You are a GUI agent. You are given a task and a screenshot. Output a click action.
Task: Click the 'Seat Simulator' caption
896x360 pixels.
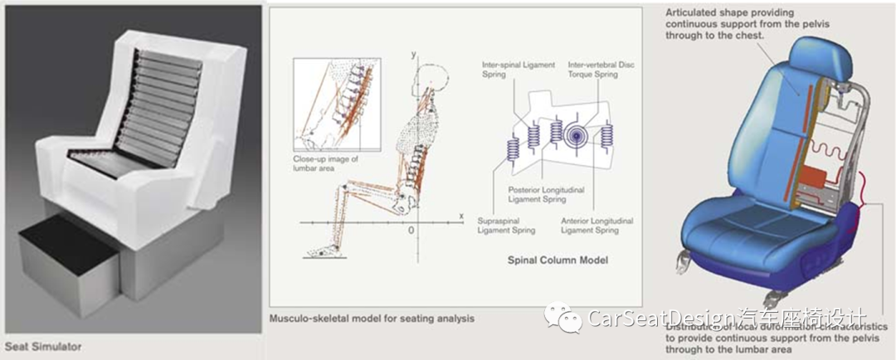pyautogui.click(x=43, y=346)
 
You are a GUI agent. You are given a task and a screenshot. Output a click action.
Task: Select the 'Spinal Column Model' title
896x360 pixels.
pyautogui.click(x=558, y=260)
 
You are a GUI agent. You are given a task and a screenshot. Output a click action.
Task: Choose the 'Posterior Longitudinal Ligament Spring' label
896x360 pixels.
pyautogui.click(x=547, y=195)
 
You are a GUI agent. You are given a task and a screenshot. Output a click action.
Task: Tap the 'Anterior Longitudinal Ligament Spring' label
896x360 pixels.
pyautogui.click(x=597, y=226)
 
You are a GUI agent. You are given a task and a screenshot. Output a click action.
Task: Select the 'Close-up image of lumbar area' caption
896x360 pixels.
pyautogui.click(x=325, y=163)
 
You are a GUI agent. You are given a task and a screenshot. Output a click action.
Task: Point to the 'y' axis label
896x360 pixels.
pyautogui.click(x=412, y=54)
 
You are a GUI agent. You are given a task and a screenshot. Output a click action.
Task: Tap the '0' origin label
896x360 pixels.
pyautogui.click(x=410, y=230)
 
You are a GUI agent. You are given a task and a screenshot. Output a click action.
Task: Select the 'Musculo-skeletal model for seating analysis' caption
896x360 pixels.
pyautogui.click(x=372, y=318)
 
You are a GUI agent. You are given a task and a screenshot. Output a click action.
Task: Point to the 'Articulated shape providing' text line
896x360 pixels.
pyautogui.click(x=729, y=12)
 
